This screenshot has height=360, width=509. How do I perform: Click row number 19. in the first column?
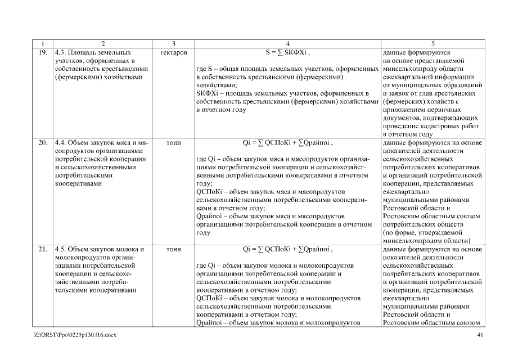(x=43, y=51)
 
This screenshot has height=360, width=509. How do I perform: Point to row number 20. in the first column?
(x=43, y=143)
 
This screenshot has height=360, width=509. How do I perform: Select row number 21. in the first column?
(x=43, y=249)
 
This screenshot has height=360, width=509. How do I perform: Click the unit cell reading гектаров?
(x=174, y=51)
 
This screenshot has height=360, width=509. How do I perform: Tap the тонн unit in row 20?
(x=174, y=143)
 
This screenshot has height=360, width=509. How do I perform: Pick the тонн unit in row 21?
(x=174, y=249)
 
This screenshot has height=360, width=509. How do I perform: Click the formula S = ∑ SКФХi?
(x=287, y=51)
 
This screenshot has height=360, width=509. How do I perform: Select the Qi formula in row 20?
(x=287, y=143)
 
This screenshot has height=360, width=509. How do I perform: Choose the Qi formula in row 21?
(x=287, y=249)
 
